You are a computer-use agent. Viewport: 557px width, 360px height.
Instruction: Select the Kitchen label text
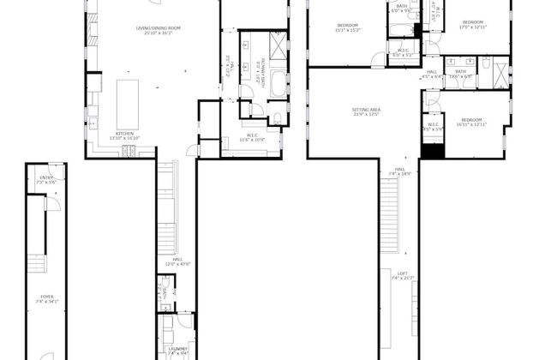tap(125, 135)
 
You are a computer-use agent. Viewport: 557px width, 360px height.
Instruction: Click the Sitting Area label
tap(366, 111)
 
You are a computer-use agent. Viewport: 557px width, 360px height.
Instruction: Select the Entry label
tap(45, 180)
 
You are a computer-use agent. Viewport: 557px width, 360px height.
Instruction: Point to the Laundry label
tap(178, 350)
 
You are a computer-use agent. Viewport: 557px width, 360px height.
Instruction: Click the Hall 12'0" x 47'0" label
tap(178, 261)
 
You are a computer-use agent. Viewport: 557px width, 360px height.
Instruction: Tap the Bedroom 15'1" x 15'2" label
tap(348, 28)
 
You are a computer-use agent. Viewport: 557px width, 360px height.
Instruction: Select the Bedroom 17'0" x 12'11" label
tap(473, 24)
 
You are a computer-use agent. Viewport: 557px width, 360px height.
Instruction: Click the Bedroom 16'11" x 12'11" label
tap(472, 122)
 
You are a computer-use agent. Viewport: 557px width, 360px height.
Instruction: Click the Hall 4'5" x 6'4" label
tap(432, 75)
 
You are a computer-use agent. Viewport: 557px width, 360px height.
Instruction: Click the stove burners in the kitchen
tap(129, 152)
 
